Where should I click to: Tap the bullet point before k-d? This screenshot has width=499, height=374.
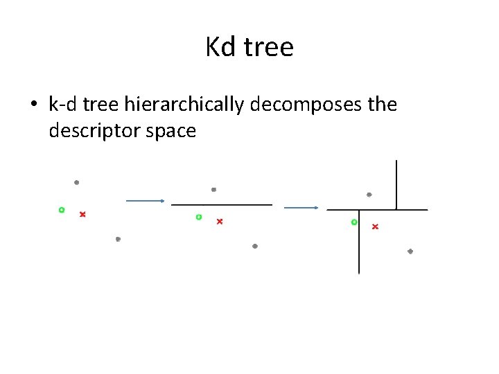(33, 105)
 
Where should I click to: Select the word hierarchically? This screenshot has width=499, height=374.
(185, 105)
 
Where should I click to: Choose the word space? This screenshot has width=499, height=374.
(170, 130)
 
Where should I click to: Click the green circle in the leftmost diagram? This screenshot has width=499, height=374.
(62, 209)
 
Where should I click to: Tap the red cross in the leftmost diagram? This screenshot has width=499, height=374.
(82, 214)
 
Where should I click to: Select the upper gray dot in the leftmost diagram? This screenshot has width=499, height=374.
(76, 183)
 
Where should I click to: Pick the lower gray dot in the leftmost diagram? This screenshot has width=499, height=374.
(118, 239)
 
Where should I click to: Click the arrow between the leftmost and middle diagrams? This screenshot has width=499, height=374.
(144, 201)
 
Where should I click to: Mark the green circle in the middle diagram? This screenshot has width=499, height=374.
(199, 217)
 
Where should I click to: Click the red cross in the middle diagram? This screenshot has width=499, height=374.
(220, 222)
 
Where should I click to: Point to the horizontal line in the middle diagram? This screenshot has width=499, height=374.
(222, 205)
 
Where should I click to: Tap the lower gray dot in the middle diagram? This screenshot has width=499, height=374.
(255, 246)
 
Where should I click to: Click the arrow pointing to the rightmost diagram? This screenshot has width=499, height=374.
(301, 207)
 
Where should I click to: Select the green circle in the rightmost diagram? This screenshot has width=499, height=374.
(354, 222)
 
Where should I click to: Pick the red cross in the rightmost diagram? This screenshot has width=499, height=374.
(375, 226)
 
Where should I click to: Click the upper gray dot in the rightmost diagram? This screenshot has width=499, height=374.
(369, 195)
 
